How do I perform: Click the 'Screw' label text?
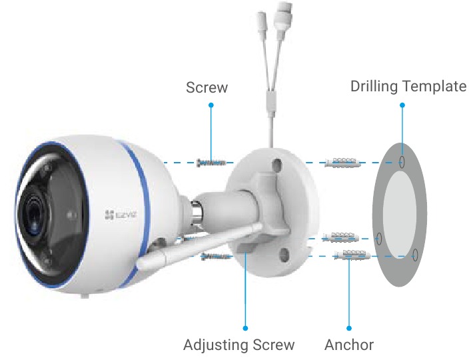207,87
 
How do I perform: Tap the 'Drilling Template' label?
408,86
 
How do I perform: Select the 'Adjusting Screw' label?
238,345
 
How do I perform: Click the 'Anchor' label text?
349,345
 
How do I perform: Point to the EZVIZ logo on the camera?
121,215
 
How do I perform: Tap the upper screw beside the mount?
211,163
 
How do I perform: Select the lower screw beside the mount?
217,257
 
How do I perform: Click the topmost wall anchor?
342,163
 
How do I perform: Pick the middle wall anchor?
340,237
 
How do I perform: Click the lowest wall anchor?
352,255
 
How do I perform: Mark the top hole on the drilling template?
402,162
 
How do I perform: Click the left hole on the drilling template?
378,239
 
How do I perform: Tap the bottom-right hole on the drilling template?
415,255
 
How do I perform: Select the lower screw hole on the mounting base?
284,255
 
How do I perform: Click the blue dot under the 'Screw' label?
211,105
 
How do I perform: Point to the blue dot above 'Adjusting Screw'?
245,328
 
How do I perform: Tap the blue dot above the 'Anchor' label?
349,328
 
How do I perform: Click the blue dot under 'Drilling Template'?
402,105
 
